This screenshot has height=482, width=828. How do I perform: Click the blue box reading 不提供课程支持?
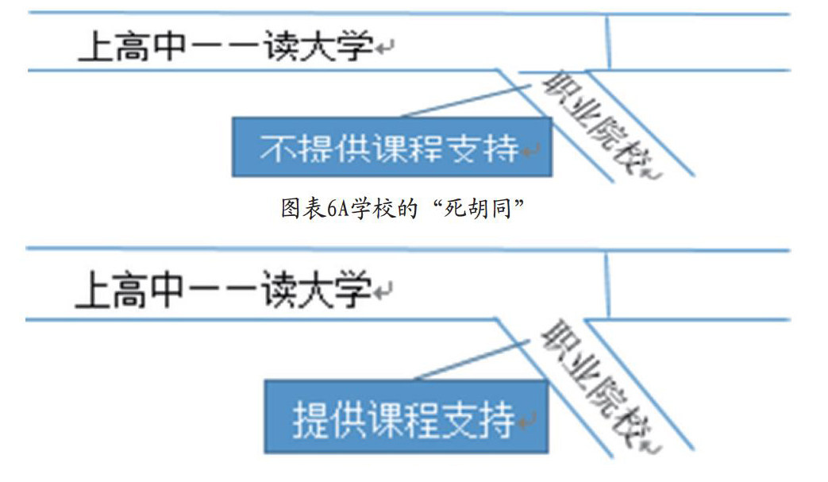tap(391, 147)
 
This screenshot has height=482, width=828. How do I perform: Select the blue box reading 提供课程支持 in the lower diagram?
tap(406, 416)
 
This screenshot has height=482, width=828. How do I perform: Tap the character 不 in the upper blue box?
tap(275, 148)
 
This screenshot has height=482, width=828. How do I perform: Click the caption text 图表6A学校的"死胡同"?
tap(406, 209)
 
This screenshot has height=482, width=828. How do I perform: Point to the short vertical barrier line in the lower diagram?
tap(607, 287)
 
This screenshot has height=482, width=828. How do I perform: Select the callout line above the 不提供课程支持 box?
tap(468, 102)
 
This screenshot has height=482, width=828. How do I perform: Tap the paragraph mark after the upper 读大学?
tap(384, 49)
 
